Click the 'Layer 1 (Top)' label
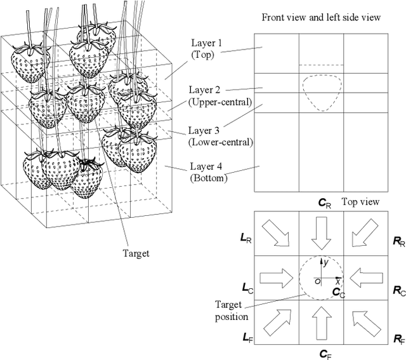(x=207, y=50)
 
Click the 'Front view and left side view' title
(x=321, y=17)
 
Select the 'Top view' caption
(x=360, y=202)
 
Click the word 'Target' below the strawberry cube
(x=134, y=253)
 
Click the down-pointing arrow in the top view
(x=321, y=233)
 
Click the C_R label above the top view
(x=324, y=203)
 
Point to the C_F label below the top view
(x=323, y=353)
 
